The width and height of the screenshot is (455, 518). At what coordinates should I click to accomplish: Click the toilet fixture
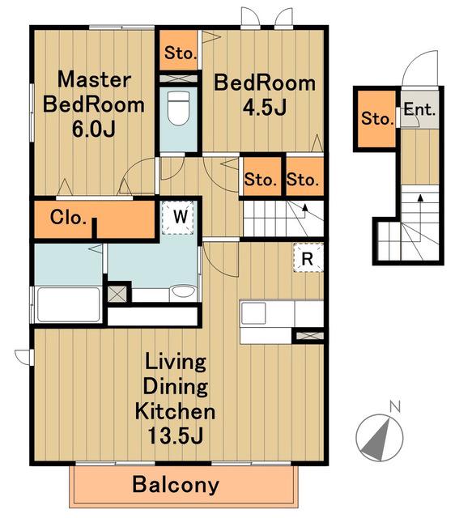pos(178,108)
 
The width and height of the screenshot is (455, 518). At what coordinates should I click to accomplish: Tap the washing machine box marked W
pos(178,218)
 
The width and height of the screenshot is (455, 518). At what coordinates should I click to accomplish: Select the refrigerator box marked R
pos(308,257)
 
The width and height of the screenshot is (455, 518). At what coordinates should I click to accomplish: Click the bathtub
pos(69,304)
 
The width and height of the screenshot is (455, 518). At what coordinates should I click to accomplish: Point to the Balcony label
pos(176,485)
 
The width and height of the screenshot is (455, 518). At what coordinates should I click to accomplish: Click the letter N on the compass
pos(395,406)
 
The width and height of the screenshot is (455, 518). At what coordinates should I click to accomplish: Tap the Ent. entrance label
pos(419,109)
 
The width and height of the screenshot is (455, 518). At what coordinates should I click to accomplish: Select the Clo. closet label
pos(68,217)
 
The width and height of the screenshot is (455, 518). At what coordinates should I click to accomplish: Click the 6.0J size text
pos(94,129)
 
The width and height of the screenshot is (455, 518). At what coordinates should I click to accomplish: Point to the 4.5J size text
pos(265,108)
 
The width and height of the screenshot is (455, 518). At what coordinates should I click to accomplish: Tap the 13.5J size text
pos(175,435)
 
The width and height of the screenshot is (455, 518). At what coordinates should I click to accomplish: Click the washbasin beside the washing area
pos(183,293)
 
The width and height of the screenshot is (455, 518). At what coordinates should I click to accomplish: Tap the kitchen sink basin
pos(253,313)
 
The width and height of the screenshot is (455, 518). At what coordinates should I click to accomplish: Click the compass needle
pos(378,439)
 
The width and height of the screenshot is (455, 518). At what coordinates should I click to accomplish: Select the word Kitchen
pos(175,411)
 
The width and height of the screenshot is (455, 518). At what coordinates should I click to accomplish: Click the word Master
pos(94,79)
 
